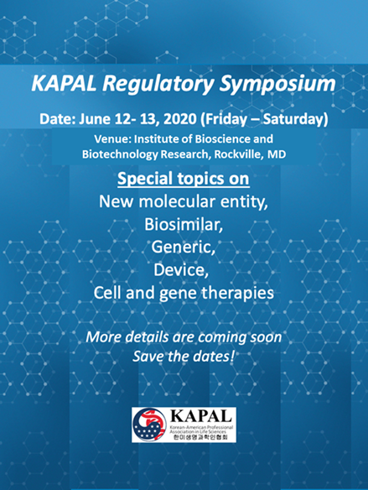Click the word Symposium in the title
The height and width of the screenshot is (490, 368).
tap(277, 85)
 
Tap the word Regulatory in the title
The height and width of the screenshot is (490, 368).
tap(158, 85)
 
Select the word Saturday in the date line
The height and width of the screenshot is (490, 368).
tap(295, 119)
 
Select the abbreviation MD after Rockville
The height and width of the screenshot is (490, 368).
tap(277, 154)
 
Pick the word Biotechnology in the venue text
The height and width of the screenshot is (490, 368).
tap(120, 154)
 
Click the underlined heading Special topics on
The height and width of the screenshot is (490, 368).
tap(184, 179)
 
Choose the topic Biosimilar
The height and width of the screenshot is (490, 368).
tap(184, 224)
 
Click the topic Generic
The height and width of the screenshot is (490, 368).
tap(184, 248)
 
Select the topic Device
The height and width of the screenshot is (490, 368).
tap(181, 270)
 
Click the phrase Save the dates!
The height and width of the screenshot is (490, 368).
tap(184, 357)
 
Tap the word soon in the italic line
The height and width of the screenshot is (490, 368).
tap(265, 337)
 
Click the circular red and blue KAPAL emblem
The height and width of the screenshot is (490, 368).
tap(149, 425)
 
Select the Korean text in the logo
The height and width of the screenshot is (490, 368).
tap(200, 437)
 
